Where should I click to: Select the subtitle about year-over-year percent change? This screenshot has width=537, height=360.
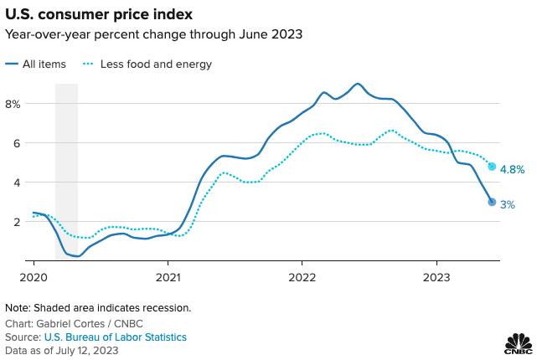coord(153,34)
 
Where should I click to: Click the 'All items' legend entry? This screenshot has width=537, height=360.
coord(42,64)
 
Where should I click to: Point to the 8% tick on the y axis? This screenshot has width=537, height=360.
coord(13,104)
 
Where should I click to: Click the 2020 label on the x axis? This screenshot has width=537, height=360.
coord(33,275)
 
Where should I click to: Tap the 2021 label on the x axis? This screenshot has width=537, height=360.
coord(168,275)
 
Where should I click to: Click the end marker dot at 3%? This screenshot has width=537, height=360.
coord(492,202)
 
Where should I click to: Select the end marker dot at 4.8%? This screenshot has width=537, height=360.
coord(492,167)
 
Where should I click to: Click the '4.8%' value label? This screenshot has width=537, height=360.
coord(512,169)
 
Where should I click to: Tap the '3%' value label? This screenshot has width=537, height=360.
coord(508,204)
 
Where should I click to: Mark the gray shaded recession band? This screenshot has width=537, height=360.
coord(66,167)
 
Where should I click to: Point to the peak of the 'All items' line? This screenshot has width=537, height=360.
coord(358,84)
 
